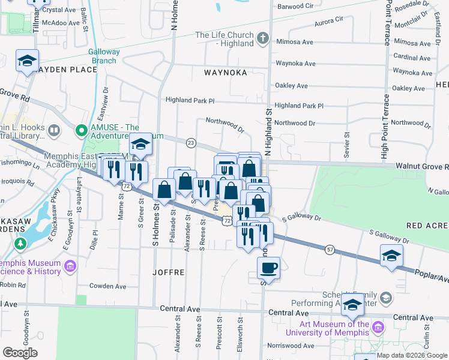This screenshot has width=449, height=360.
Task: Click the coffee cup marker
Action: coord(269,268)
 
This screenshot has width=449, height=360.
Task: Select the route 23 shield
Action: coord(191,142)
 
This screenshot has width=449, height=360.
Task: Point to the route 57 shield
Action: coord(330,248)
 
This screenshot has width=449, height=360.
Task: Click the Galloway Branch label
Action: coord(104,56)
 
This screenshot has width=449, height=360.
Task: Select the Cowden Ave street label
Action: coord(107,286)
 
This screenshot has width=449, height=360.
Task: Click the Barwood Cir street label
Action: coord(295,6)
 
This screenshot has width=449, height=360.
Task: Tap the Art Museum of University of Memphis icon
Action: coord(378,327)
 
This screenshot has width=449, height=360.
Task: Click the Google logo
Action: coord(20,353)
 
